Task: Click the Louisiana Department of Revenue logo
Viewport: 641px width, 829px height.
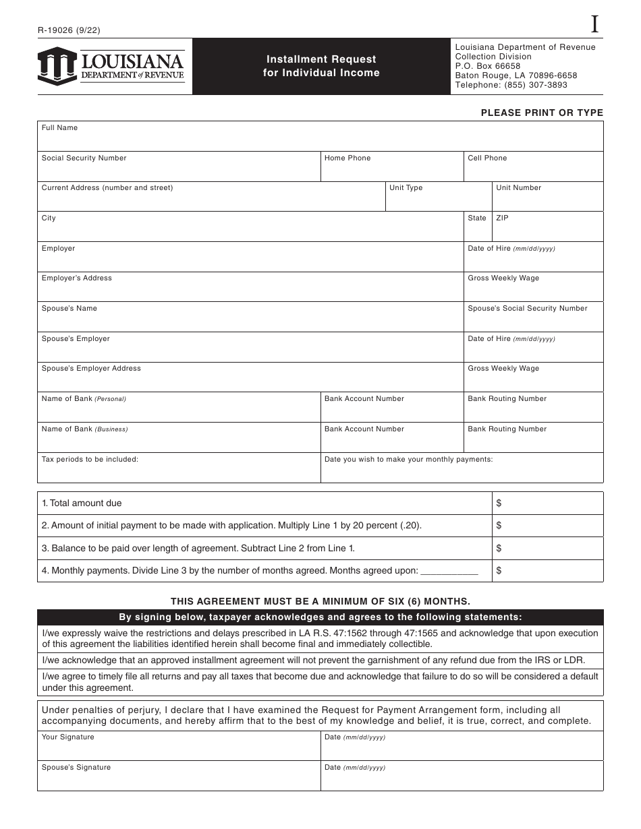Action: pyautogui.click(x=111, y=66)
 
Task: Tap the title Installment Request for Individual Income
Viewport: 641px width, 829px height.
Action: pyautogui.click(x=321, y=66)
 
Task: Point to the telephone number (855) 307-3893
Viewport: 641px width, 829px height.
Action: pyautogui.click(x=532, y=85)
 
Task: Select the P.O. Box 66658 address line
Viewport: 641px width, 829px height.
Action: pyautogui.click(x=488, y=66)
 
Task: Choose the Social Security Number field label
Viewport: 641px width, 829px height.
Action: pyautogui.click(x=84, y=158)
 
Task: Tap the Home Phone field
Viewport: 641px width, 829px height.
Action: pyautogui.click(x=391, y=167)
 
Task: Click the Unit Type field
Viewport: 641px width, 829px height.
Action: pyautogui.click(x=438, y=197)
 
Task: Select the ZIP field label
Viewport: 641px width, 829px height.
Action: pyautogui.click(x=502, y=218)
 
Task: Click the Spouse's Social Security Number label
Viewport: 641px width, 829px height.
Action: pyautogui.click(x=528, y=309)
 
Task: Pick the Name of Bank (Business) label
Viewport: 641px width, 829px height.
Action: pyautogui.click(x=84, y=429)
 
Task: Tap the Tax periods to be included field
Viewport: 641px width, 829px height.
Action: pyautogui.click(x=178, y=468)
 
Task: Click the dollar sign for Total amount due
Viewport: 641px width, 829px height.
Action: pyautogui.click(x=499, y=503)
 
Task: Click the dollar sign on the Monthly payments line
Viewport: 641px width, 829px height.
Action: pyautogui.click(x=499, y=571)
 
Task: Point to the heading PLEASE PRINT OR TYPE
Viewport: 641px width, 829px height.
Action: pyautogui.click(x=542, y=113)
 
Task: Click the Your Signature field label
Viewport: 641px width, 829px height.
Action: pyautogui.click(x=68, y=737)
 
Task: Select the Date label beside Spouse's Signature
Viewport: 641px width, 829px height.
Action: pyautogui.click(x=355, y=768)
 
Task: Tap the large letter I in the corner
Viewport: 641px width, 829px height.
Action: pyautogui.click(x=594, y=25)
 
